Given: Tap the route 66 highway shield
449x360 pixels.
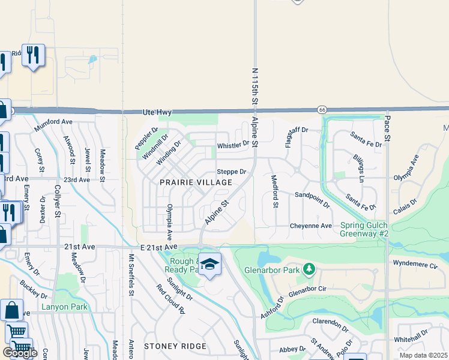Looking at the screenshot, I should [322, 109].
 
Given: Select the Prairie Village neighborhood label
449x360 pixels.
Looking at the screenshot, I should [196, 182].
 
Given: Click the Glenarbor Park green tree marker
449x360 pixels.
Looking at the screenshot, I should [309, 268].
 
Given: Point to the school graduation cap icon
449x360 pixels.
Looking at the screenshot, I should [209, 264].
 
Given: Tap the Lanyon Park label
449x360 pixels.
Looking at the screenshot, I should [65, 307].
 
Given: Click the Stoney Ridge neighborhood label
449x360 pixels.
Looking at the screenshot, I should [175, 346].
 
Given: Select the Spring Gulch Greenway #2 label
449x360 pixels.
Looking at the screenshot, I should [365, 229].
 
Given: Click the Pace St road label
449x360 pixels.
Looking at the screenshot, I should [387, 130].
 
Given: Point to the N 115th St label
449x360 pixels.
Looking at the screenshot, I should [255, 88].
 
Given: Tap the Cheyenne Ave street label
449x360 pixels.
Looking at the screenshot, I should [311, 226].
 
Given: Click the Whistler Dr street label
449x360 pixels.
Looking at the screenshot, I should [233, 145].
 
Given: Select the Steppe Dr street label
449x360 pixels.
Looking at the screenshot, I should [232, 172].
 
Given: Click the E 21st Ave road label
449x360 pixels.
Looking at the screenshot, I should [160, 247].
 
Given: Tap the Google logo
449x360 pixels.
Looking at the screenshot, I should [19, 352].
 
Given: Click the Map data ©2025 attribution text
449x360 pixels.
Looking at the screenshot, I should [423, 355].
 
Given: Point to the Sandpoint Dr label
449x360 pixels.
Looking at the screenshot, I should [312, 199].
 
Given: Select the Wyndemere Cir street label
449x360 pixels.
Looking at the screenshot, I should [415, 263].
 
